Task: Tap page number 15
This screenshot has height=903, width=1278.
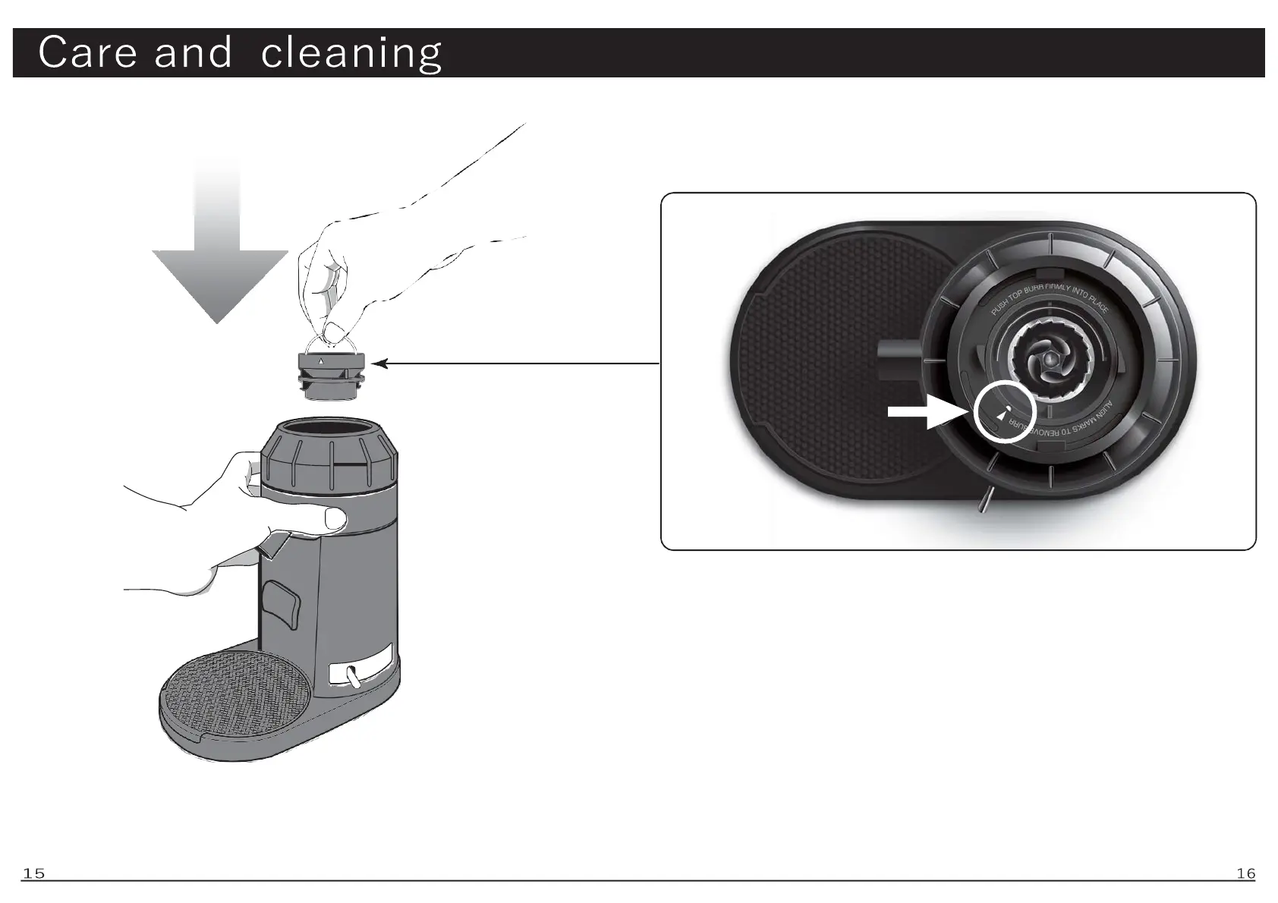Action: tap(33, 873)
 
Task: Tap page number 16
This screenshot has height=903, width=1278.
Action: tap(1245, 873)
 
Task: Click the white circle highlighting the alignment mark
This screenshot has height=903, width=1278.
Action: tap(1005, 411)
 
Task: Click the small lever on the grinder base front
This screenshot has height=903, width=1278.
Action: tap(353, 675)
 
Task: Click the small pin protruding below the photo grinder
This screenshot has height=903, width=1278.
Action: tap(984, 501)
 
